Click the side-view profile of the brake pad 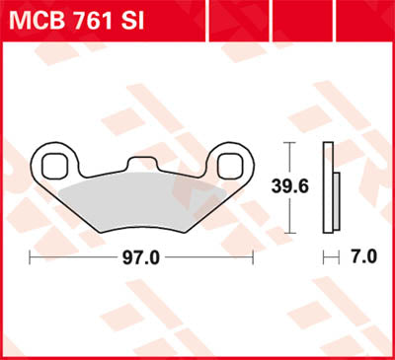328,183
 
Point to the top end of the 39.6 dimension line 288,144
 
